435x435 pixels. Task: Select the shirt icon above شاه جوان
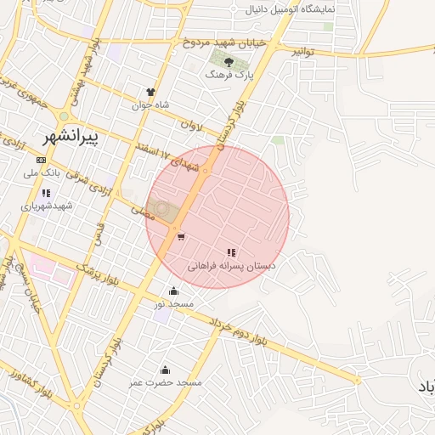pos(151,92)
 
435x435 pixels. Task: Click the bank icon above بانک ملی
pos(41,160)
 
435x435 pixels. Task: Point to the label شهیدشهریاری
pos(48,206)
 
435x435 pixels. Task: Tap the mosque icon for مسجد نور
pos(174,291)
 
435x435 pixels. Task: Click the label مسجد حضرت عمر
pos(166,383)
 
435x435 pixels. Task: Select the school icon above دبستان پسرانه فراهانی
pos(231,252)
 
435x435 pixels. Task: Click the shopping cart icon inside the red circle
pos(181,236)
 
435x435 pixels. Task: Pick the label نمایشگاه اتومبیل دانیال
pos(291,10)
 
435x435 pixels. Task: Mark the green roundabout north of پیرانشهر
pos(64,116)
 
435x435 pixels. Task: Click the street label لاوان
pos(192,127)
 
